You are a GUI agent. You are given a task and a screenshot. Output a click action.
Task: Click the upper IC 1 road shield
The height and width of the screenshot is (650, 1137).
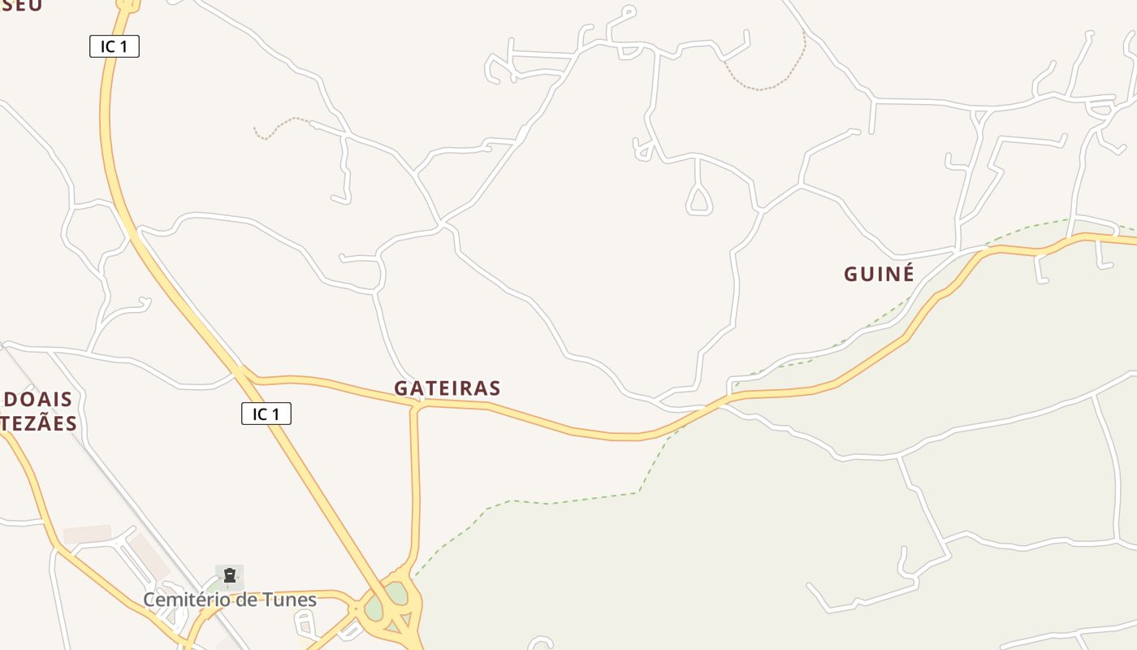(115, 47)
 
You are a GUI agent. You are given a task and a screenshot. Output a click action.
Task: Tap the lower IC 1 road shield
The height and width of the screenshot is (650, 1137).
(266, 414)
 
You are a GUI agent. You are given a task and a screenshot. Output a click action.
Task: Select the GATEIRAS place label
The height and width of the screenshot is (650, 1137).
(447, 388)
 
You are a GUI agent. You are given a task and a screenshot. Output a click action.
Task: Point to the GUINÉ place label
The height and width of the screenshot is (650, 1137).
(879, 274)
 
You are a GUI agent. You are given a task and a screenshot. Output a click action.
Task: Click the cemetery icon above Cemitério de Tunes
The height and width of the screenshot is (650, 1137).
(230, 576)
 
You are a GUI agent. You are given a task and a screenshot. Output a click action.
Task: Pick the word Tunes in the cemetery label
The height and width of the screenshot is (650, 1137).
(292, 600)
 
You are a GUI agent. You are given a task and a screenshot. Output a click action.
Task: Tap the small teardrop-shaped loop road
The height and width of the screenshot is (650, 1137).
(699, 200)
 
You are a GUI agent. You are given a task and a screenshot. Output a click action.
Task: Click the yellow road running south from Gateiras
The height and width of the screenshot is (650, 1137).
(417, 487)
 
